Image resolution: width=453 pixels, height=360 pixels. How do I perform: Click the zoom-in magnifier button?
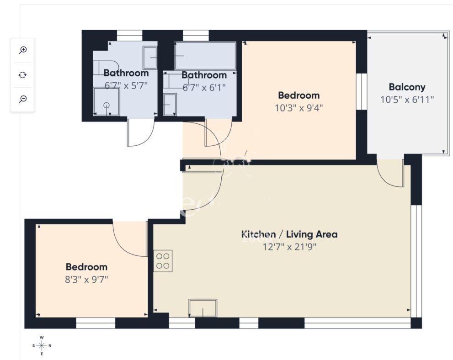[22, 50]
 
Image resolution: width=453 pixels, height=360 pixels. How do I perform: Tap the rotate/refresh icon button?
[22, 75]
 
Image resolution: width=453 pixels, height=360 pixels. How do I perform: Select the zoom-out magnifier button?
[22, 99]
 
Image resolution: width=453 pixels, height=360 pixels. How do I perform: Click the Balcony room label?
[407, 87]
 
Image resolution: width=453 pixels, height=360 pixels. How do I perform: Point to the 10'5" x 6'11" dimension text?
[407, 100]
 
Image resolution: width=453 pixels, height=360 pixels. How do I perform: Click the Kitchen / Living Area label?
[289, 234]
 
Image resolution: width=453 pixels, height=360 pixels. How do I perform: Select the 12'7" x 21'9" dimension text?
[289, 247]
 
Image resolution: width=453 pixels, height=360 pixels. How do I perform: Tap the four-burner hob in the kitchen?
[163, 261]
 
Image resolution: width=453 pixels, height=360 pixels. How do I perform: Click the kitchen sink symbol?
[203, 308]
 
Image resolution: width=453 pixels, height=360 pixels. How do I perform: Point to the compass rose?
[42, 345]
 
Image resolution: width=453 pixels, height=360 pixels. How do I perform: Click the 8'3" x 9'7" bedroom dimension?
[86, 280]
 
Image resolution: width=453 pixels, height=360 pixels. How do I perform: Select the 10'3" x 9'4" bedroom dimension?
[298, 108]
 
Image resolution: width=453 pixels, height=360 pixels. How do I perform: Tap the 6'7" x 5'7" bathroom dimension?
[126, 85]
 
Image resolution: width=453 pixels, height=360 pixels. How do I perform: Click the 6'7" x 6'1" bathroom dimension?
[204, 87]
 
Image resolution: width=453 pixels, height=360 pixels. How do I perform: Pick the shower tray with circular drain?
[107, 102]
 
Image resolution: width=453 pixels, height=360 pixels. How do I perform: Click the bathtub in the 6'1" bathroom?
[205, 56]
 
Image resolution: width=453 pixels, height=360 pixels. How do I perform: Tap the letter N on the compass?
[50, 345]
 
